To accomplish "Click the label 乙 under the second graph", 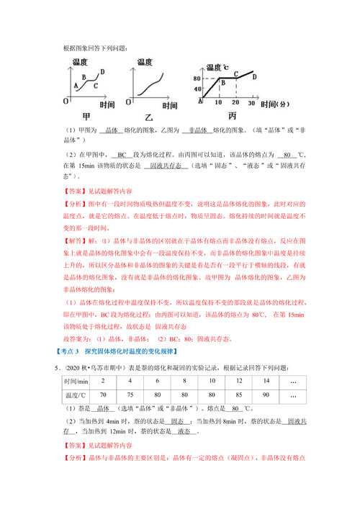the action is (x=149, y=116).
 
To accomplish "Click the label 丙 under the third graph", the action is (x=232, y=116).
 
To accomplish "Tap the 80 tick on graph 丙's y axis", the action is (x=196, y=77).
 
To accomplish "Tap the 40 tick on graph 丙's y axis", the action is (x=196, y=89).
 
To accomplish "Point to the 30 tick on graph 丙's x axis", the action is (x=252, y=103).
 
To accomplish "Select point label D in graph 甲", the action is (x=103, y=72).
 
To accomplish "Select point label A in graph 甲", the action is (x=76, y=86).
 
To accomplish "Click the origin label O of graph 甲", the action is (x=65, y=102).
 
